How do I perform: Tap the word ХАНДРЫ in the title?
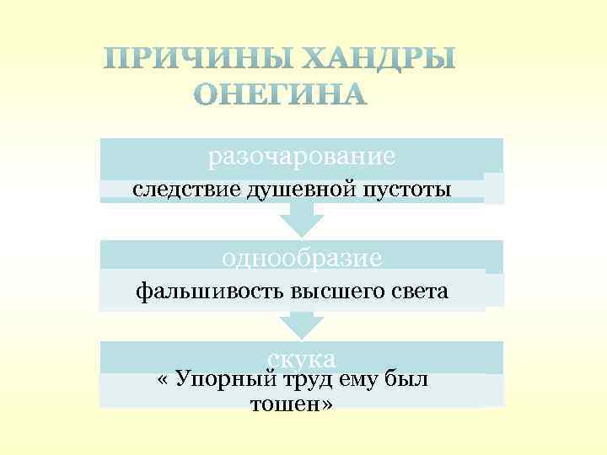(x=379, y=59)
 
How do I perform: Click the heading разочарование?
(x=302, y=157)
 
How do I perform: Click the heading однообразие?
(x=302, y=257)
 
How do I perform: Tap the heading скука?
(x=302, y=357)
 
